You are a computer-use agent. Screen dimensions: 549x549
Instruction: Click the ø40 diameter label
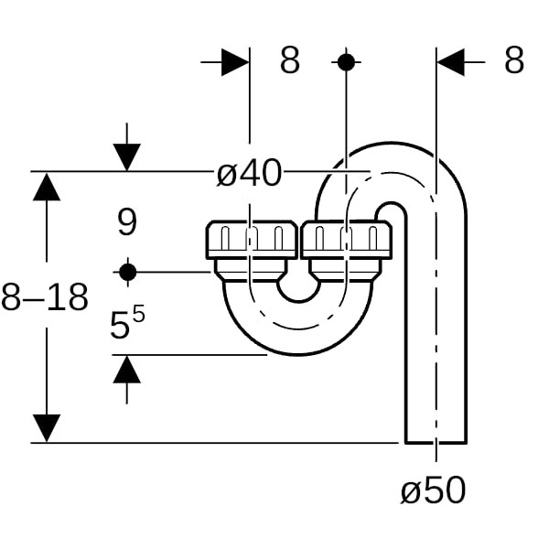(249, 173)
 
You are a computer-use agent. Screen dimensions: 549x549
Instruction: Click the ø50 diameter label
(434, 490)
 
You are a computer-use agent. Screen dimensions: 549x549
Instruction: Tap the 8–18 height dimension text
(45, 297)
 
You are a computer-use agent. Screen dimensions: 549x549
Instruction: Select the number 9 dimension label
(127, 222)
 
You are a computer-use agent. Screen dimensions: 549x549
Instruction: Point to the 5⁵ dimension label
(127, 322)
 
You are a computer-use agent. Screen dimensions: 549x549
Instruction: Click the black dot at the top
(346, 62)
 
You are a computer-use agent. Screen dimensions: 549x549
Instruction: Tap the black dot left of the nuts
(127, 272)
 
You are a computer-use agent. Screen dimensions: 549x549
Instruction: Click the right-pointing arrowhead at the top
(235, 62)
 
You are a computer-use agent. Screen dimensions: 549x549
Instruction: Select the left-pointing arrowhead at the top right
(450, 62)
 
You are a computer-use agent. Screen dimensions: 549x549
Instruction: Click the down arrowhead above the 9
(127, 157)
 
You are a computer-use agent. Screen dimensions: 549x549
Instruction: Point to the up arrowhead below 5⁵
(127, 369)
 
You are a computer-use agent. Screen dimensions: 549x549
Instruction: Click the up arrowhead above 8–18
(47, 187)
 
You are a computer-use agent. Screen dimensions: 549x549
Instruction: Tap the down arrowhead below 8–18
(47, 428)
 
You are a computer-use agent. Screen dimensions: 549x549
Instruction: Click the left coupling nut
(252, 240)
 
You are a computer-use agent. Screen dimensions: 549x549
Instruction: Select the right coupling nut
(346, 240)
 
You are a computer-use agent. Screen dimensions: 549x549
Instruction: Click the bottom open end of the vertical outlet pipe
(436, 443)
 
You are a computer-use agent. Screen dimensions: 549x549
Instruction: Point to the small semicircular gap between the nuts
(298, 291)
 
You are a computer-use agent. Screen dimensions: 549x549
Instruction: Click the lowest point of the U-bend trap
(298, 355)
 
